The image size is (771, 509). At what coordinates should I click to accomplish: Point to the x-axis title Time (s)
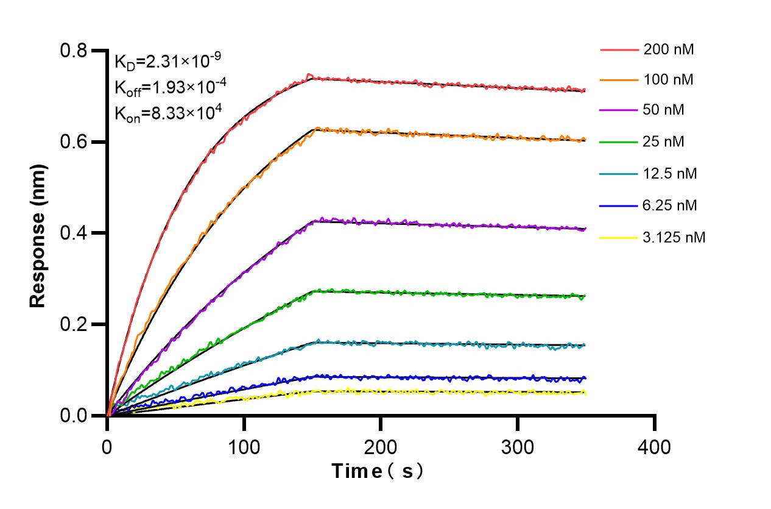click(378, 471)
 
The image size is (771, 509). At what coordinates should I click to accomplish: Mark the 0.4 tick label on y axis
click(74, 233)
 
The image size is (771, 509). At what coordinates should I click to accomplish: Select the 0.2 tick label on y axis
click(74, 324)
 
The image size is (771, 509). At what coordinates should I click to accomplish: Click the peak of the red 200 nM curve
click(310, 76)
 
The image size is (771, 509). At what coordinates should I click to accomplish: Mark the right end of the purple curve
click(585, 229)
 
